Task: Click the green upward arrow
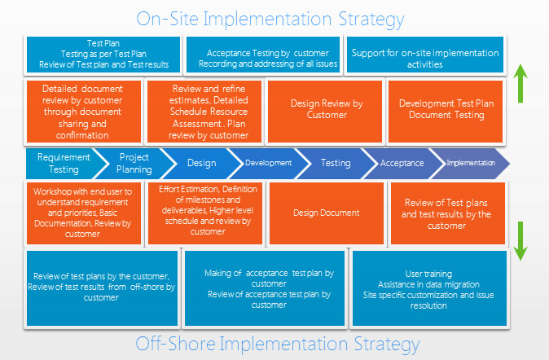tap(520, 83)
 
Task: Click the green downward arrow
tap(520, 241)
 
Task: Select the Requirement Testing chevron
tap(65, 164)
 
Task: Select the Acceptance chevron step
tap(403, 164)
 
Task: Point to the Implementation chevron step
tap(471, 164)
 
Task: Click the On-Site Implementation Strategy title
tap(270, 19)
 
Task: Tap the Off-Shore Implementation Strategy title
tap(277, 344)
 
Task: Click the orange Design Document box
tap(327, 213)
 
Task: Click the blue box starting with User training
tap(429, 288)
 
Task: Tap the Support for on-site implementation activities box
tap(425, 55)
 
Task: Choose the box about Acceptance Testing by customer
tap(263, 55)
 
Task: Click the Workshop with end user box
tap(84, 213)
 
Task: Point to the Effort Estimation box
tap(205, 213)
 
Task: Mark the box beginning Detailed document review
tap(84, 112)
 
